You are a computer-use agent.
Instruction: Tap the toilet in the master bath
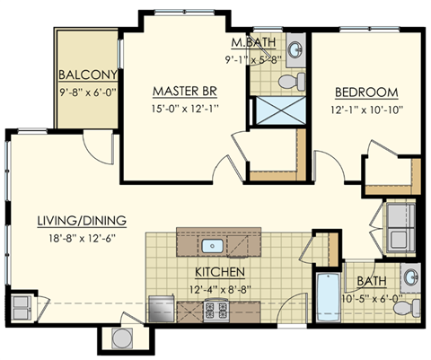click(289, 83)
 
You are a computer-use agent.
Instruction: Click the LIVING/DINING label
click(81, 220)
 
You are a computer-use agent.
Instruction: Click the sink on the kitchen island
click(215, 245)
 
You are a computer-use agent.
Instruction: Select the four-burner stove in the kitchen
click(216, 311)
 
